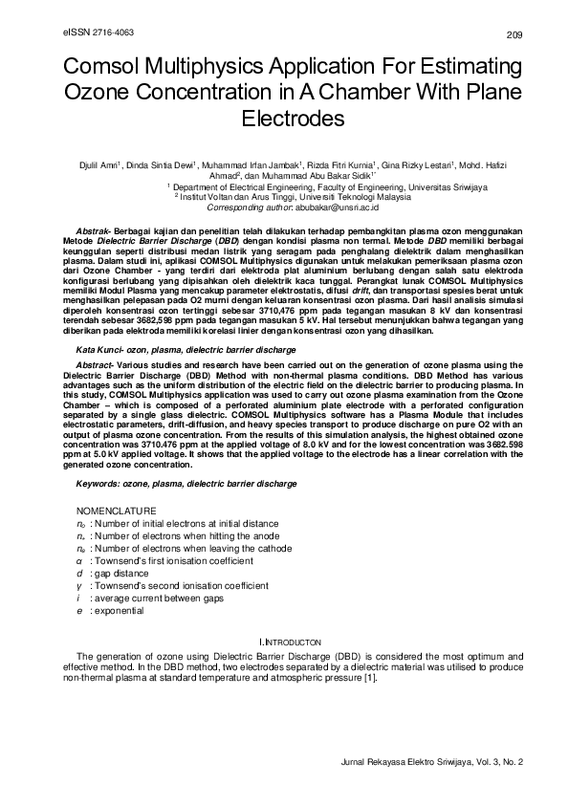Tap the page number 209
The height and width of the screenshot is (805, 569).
pos(514,35)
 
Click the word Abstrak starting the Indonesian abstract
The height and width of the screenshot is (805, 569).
pos(93,232)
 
